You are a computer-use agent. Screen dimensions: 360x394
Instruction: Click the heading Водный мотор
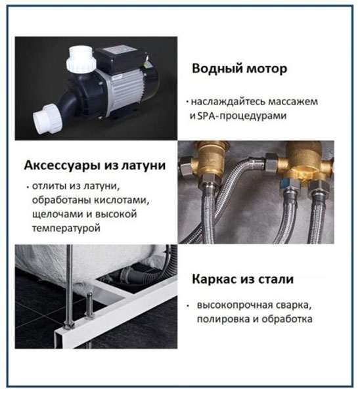239,68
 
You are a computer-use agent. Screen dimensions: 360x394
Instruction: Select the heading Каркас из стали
242,279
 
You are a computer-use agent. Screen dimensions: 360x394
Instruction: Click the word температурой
66,229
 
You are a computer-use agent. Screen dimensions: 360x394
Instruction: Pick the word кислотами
122,200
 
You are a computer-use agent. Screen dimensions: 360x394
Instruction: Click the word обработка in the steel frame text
287,319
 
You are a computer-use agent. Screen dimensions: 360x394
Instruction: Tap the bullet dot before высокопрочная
187,306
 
